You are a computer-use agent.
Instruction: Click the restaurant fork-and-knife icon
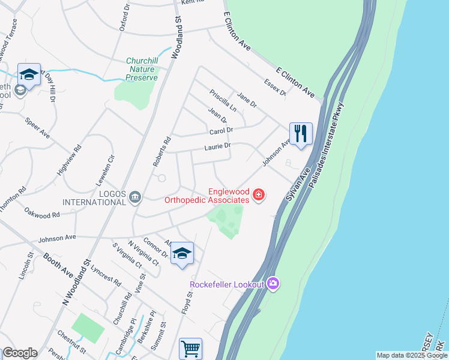301,133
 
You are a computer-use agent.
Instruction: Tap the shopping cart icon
190,348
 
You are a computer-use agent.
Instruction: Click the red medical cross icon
259,195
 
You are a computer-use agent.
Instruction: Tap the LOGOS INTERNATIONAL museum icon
135,196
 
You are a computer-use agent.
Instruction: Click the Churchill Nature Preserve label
142,69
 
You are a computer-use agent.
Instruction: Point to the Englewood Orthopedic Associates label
208,196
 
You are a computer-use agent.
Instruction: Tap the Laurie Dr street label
217,146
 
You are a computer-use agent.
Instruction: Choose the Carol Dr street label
220,131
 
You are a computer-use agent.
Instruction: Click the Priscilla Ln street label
223,100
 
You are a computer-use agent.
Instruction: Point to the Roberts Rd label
161,152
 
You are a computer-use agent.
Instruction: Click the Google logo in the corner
20,353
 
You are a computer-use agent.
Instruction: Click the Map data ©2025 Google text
412,355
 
